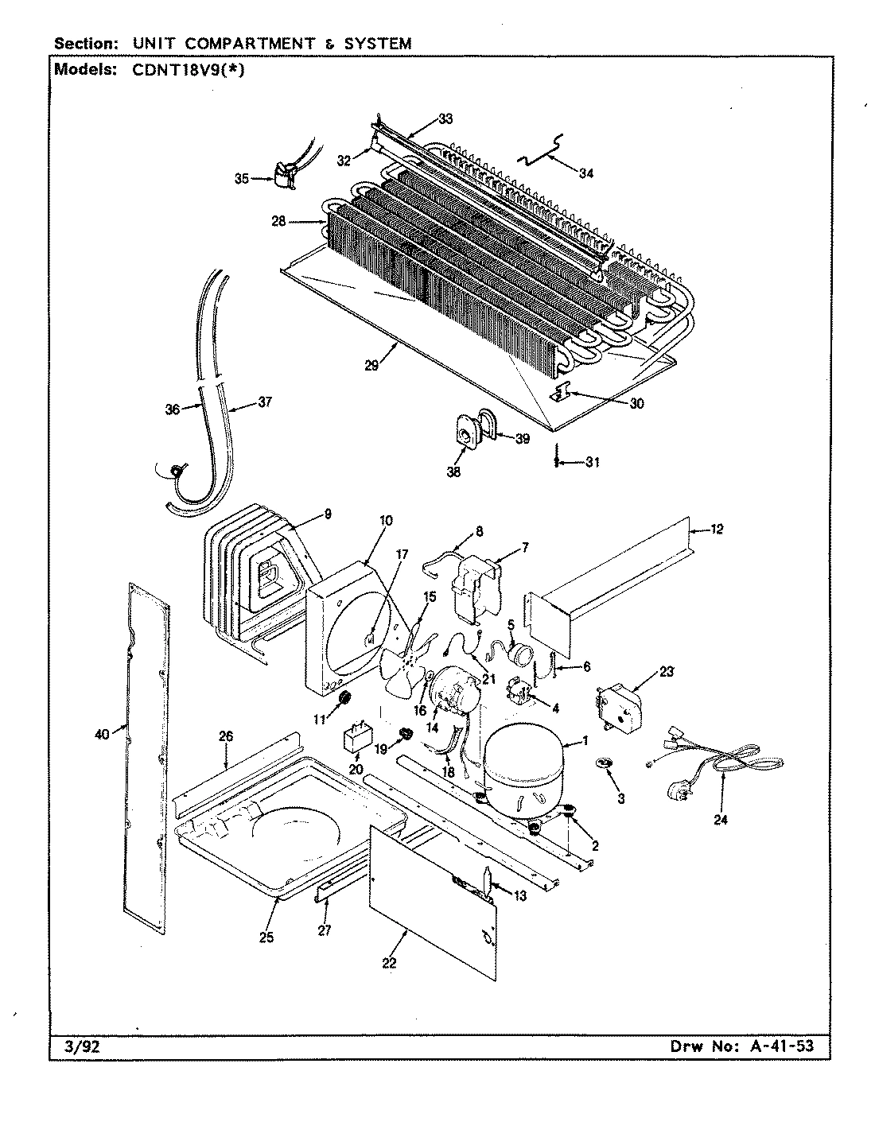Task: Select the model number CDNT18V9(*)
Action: point(182,68)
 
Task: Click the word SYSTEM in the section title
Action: point(378,44)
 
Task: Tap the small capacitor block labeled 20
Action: point(355,739)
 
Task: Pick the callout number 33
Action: point(445,119)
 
